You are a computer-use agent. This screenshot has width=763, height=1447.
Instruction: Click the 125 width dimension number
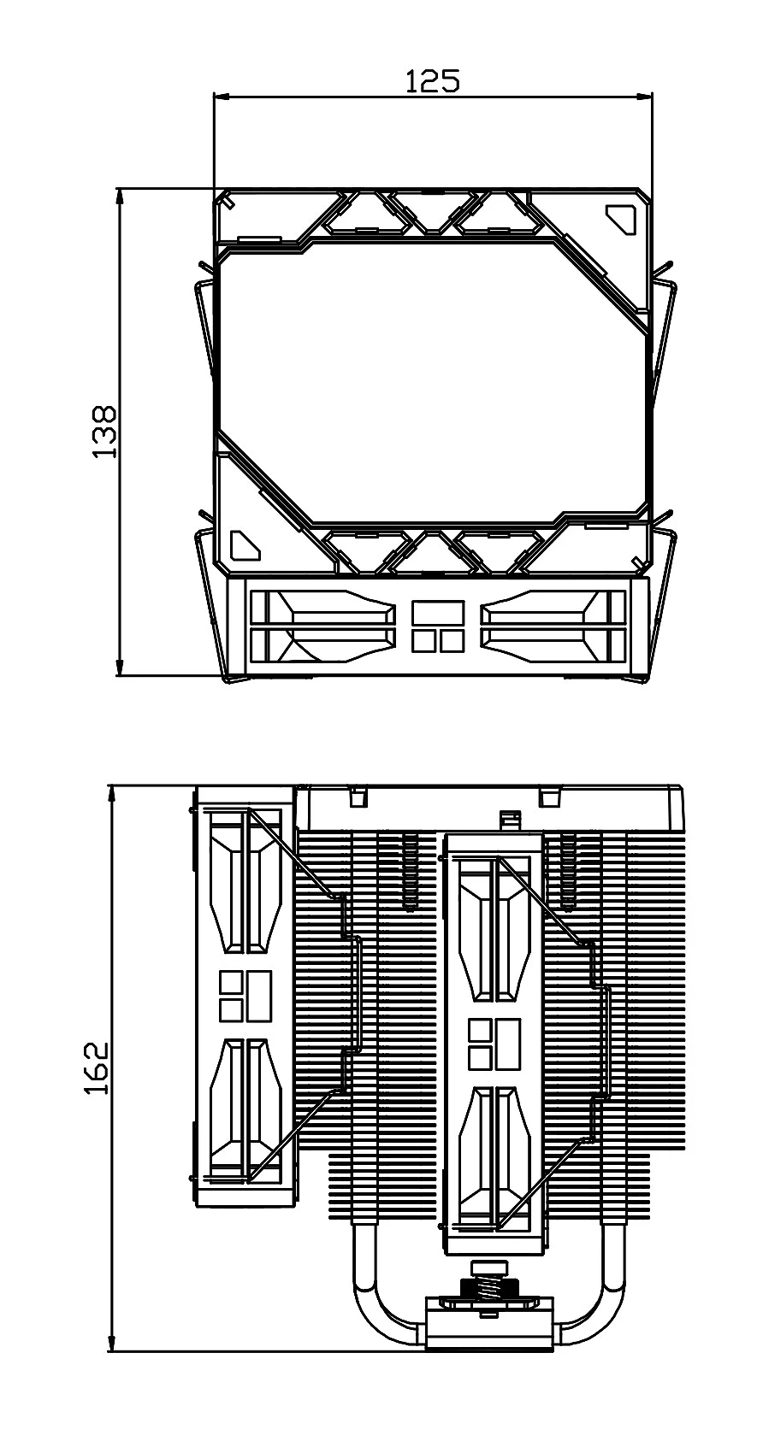(x=432, y=80)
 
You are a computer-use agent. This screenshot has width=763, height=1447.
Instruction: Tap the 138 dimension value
(x=104, y=432)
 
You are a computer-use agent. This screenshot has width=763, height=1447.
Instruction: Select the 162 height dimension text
(x=96, y=1086)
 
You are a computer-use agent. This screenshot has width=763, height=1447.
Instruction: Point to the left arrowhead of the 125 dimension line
(x=222, y=97)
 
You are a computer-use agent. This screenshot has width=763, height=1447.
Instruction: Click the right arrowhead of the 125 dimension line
(x=644, y=97)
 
